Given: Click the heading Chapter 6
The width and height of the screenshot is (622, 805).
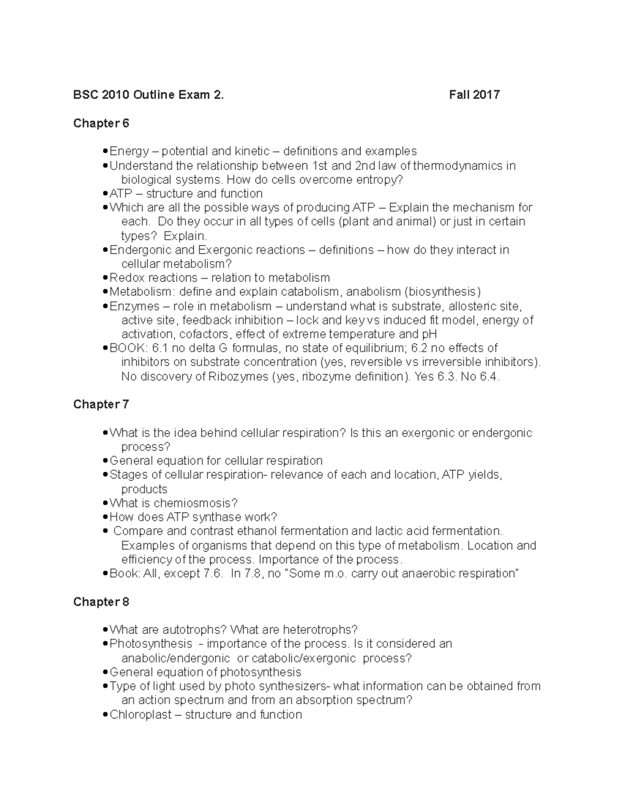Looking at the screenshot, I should click(101, 123).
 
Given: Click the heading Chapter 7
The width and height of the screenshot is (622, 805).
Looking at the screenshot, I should click(101, 404).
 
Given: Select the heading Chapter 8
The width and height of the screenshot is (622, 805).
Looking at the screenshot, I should click(101, 602).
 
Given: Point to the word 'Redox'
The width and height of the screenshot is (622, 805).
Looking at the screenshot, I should click(127, 278).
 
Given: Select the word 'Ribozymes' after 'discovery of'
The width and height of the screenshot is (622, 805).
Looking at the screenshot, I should click(238, 377).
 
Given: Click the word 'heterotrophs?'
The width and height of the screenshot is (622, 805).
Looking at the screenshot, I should click(320, 630).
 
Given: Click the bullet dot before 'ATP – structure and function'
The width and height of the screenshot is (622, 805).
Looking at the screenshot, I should click(106, 194).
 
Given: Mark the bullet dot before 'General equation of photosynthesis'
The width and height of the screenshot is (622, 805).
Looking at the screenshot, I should click(106, 673).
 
